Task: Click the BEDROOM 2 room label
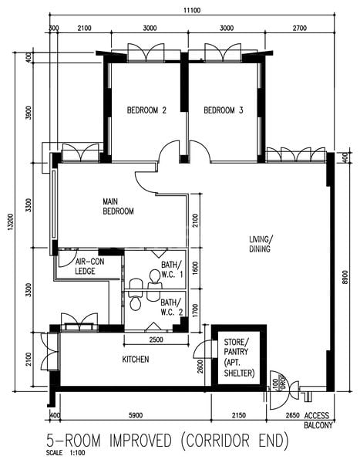coord(146,110)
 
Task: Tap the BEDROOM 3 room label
coord(224,110)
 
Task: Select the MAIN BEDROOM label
coord(119,206)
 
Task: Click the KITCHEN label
coord(136,360)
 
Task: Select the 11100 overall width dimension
coord(193,9)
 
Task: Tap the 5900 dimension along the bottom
coord(135,415)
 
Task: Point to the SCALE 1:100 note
coord(64,453)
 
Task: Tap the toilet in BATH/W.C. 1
coord(154,275)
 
